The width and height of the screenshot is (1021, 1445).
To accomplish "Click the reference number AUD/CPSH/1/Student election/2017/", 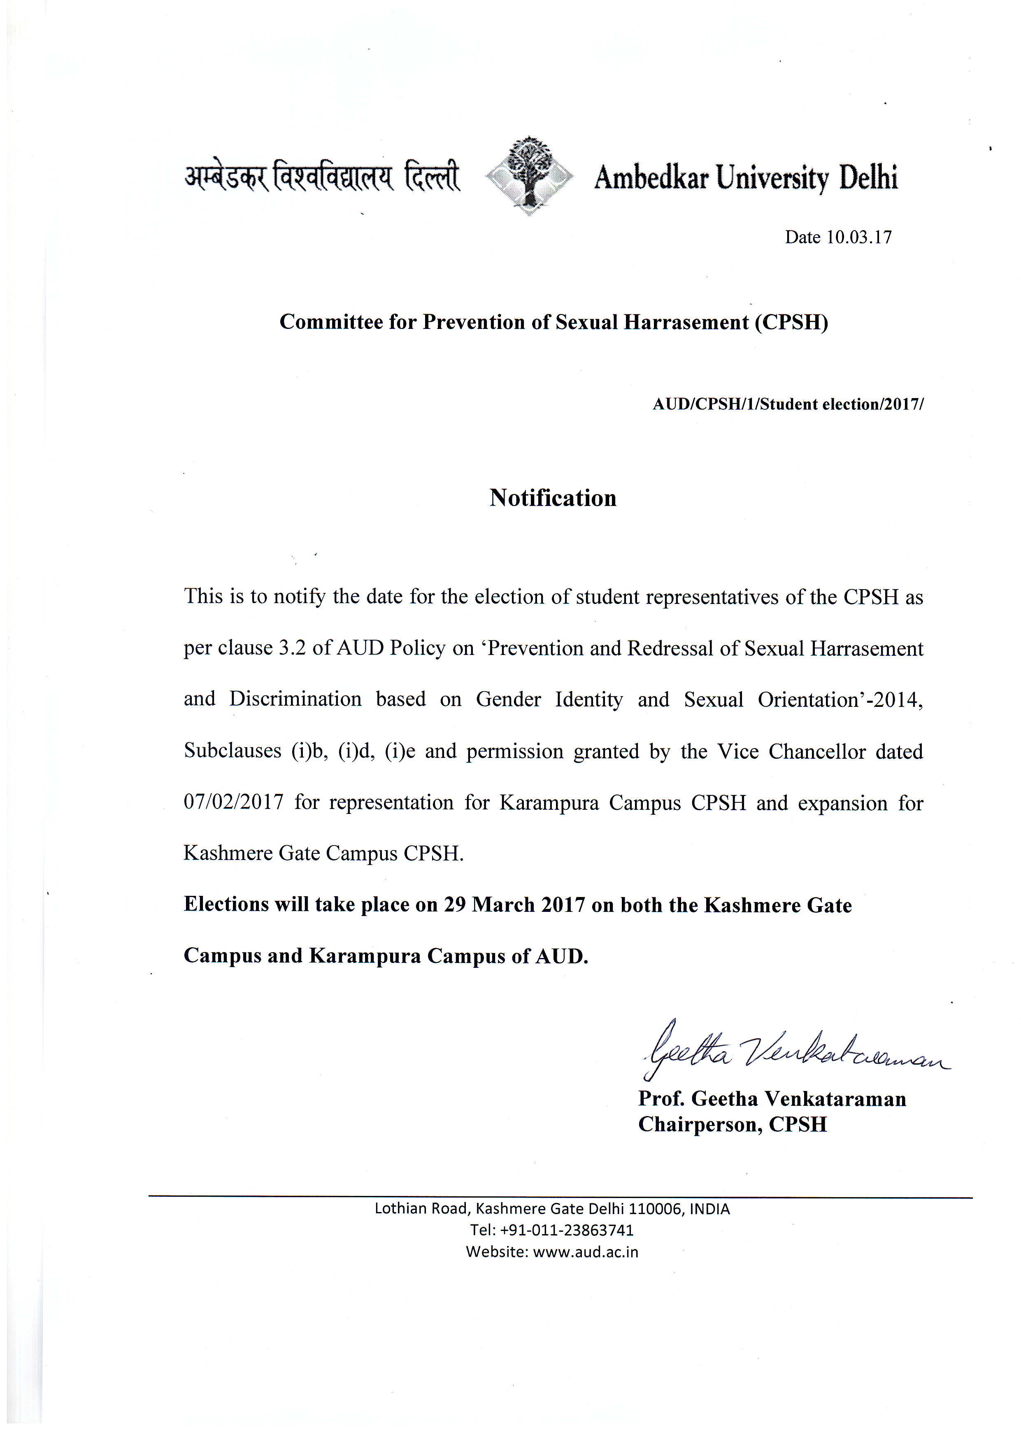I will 788,404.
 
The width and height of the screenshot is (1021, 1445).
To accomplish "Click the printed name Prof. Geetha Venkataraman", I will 772,1099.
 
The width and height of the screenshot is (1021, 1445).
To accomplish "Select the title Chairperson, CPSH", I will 732,1125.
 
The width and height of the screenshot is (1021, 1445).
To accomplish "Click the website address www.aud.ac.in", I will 585,1252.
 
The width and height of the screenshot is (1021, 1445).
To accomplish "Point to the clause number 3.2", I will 292,648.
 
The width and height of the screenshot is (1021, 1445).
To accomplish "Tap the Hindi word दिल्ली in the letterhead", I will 432,176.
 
